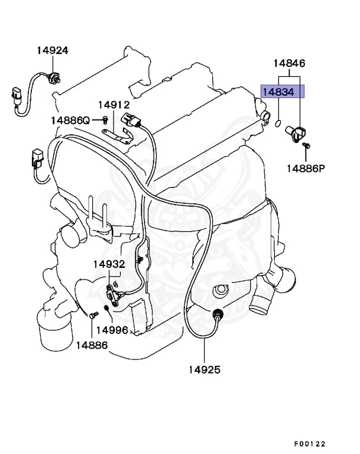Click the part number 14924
pyautogui.click(x=53, y=50)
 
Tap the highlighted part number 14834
pyautogui.click(x=283, y=91)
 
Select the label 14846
pyautogui.click(x=289, y=63)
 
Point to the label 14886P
pyautogui.click(x=306, y=168)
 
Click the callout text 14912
pyautogui.click(x=113, y=105)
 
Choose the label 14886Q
pyautogui.click(x=70, y=120)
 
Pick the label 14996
pyautogui.click(x=112, y=329)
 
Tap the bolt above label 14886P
pyautogui.click(x=306, y=145)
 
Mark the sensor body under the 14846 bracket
pyautogui.click(x=294, y=131)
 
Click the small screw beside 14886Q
pyautogui.click(x=104, y=120)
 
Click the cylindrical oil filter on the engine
pyautogui.click(x=54, y=332)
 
